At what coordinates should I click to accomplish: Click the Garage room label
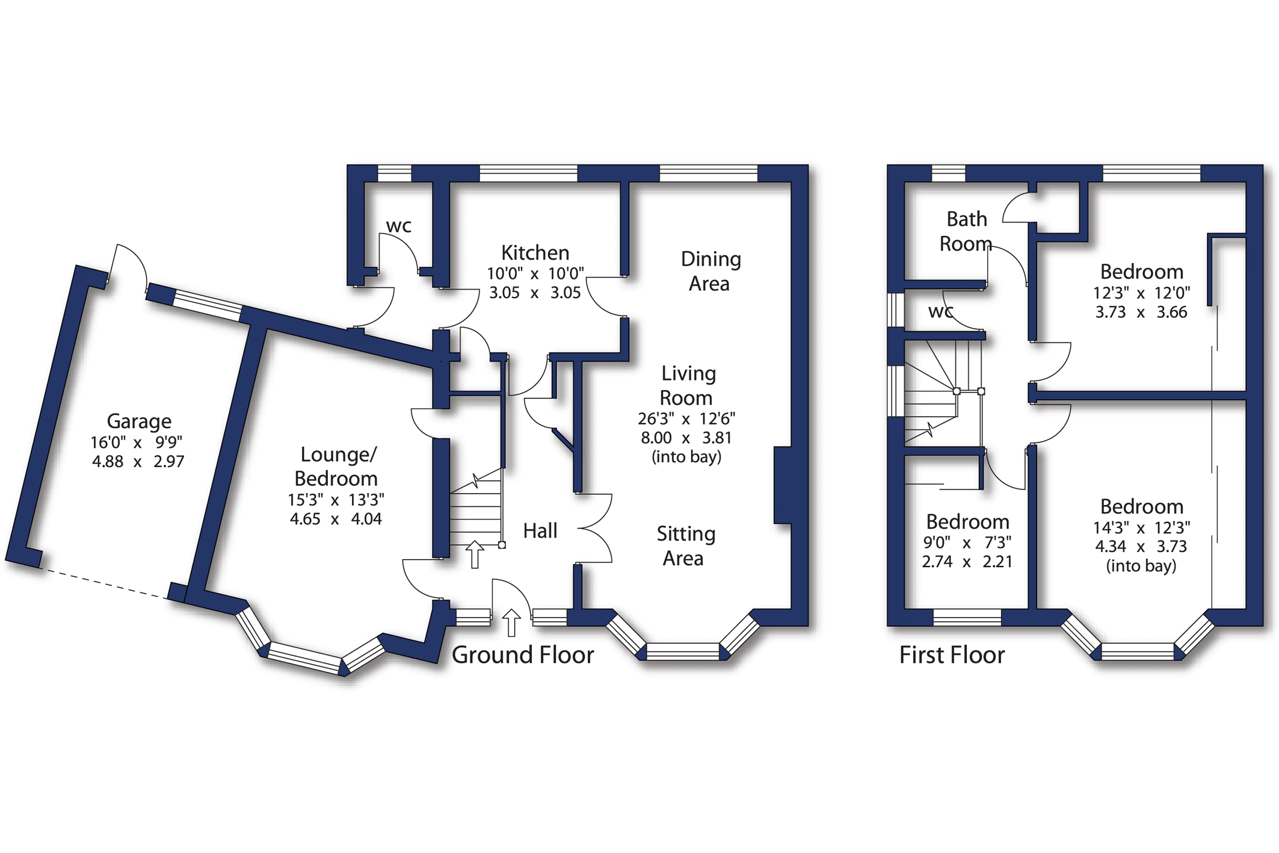tap(139, 421)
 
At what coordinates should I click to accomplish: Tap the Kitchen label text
tap(535, 253)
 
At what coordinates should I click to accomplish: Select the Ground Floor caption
tap(523, 655)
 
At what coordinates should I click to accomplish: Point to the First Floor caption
tap(952, 655)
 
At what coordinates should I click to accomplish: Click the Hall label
tap(540, 531)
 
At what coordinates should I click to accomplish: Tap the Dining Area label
tap(710, 271)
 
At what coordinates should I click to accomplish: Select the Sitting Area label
tap(686, 546)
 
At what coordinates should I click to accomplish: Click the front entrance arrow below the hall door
tap(511, 622)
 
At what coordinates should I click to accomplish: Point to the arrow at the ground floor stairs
tap(475, 554)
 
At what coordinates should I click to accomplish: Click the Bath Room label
tap(966, 231)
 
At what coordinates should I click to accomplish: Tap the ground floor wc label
tap(399, 226)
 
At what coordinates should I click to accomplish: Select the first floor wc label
tap(940, 312)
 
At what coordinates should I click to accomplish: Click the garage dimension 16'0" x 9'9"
tap(137, 443)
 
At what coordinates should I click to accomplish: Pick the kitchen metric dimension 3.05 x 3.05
tap(535, 293)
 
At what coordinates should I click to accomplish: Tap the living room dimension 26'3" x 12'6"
tap(686, 419)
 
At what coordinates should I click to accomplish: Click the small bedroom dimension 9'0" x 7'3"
tap(967, 543)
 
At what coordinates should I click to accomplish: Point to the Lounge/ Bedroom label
tap(337, 467)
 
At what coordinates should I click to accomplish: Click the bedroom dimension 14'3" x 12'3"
tap(1142, 528)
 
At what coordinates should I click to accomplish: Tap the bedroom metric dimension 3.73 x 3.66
tap(1141, 312)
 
